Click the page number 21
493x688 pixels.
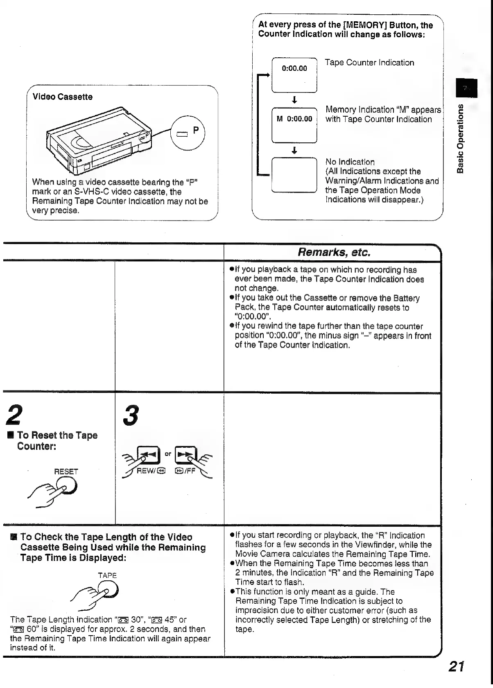pos(456,667)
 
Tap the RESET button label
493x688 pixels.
pos(66,471)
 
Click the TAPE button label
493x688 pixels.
pos(107,575)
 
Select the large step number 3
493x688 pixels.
pos(131,415)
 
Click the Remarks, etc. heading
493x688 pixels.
pos(334,252)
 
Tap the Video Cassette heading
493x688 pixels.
pos(62,97)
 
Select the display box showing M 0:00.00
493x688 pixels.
pos(294,125)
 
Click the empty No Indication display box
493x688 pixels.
pos(294,175)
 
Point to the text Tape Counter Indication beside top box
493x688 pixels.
pos(369,63)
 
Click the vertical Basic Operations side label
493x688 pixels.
pos(461,138)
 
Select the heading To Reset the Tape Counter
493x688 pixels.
pos(57,440)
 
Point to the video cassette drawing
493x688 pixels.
pos(98,139)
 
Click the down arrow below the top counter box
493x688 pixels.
pos(294,100)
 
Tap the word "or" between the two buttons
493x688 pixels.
pos(168,453)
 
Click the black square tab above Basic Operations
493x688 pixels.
pos(466,88)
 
